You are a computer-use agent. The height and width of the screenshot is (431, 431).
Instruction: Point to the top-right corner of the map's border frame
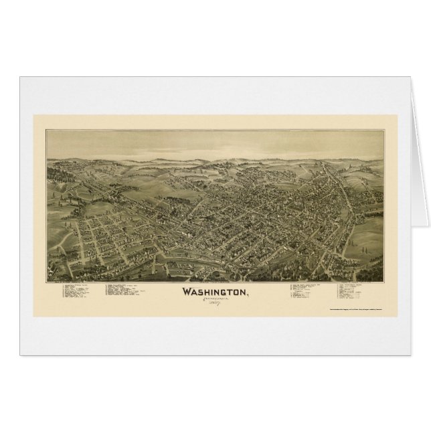coord(386,130)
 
